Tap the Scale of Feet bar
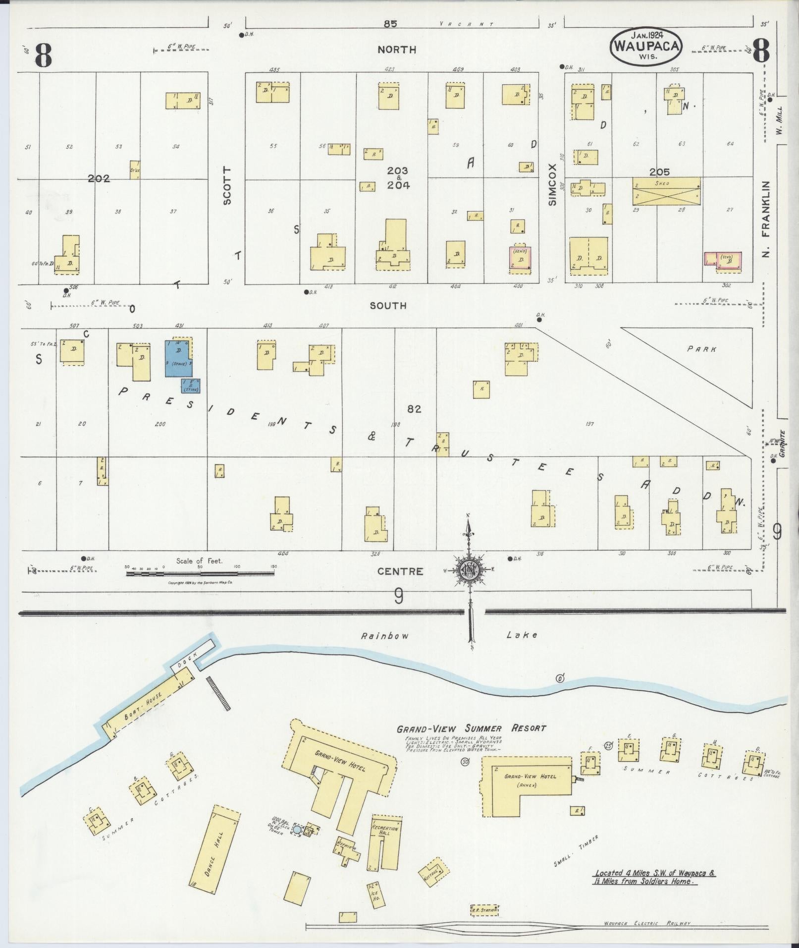pyautogui.click(x=200, y=573)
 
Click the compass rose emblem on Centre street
pyautogui.click(x=468, y=570)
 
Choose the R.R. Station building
pyautogui.click(x=484, y=910)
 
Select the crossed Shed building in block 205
pyautogui.click(x=667, y=191)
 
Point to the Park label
pyautogui.click(x=701, y=349)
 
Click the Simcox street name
pyautogui.click(x=553, y=185)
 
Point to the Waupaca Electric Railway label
pyautogui.click(x=646, y=923)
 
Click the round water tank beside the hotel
pyautogui.click(x=297, y=829)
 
